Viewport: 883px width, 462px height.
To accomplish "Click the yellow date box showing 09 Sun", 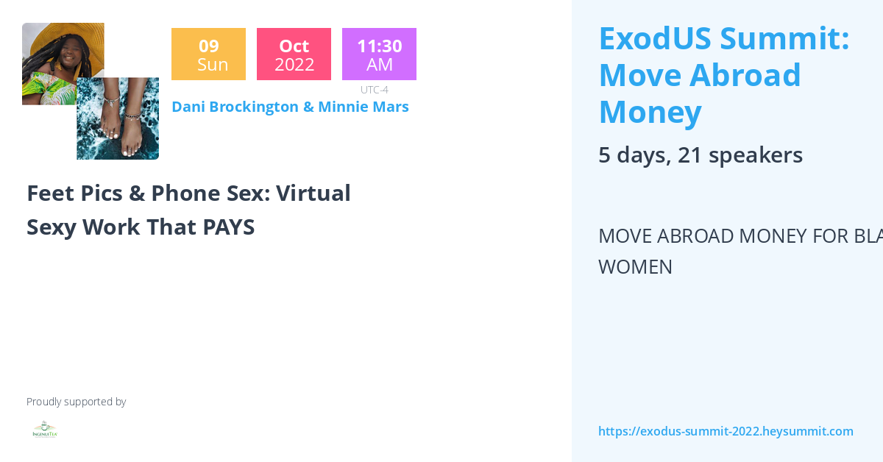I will click(208, 54).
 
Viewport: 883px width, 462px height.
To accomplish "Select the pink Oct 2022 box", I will click(294, 54).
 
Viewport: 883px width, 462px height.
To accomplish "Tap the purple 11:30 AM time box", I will click(379, 54).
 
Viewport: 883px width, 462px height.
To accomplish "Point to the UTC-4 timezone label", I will click(374, 90).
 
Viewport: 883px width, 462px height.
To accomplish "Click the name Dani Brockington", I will click(235, 107).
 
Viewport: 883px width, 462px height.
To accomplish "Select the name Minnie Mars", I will click(363, 107).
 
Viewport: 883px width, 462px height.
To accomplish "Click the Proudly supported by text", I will click(76, 402).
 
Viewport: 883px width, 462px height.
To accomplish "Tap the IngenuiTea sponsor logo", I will click(45, 430).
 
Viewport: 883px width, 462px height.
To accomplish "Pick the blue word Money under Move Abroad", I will click(650, 112).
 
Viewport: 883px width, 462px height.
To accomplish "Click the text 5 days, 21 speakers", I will click(700, 155).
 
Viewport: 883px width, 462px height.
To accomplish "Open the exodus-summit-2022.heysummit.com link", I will click(726, 431).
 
